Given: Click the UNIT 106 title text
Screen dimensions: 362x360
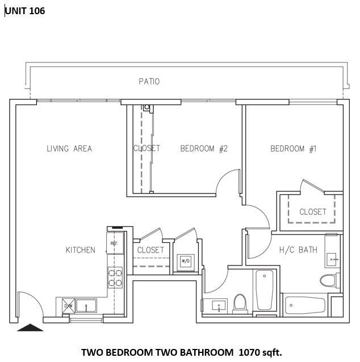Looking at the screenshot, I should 25,11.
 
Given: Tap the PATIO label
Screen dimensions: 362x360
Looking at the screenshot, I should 149,82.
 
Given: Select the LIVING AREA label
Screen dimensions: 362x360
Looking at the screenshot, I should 69,149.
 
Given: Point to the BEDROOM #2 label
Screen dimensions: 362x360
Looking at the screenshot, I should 204,149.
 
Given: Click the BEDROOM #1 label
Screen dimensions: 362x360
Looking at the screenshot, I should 293,149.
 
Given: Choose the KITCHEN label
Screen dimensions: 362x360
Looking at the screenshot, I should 80,250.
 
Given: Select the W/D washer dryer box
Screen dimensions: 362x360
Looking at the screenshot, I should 185,262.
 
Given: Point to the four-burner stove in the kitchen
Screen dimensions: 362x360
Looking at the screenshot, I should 115,277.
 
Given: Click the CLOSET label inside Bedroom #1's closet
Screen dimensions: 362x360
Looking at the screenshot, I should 313,212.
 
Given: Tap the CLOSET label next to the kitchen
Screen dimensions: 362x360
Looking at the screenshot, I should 150,250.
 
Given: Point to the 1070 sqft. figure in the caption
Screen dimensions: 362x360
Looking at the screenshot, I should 260,352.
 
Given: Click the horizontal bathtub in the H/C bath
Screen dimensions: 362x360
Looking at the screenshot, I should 304,305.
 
